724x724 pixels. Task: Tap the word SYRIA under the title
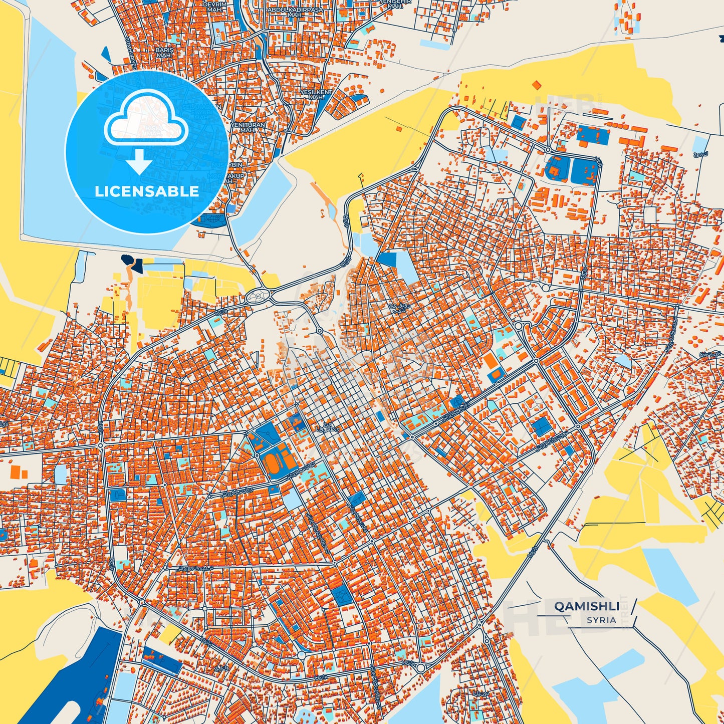[601, 620]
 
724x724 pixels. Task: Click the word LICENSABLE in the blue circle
[147, 191]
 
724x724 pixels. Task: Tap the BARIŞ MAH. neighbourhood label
[164, 53]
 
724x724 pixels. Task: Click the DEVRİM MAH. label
[214, 6]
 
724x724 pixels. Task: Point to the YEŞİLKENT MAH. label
[316, 95]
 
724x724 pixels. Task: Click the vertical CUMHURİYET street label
[131, 50]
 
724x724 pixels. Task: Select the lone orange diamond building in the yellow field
[537, 85]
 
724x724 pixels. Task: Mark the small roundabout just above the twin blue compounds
[548, 149]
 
